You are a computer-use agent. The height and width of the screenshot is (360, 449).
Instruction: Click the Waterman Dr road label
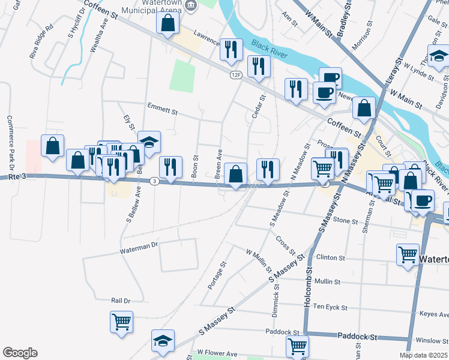pos(138,246)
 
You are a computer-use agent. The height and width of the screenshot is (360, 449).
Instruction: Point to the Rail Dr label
pos(121,300)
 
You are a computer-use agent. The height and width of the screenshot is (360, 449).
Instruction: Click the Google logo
pos(20,353)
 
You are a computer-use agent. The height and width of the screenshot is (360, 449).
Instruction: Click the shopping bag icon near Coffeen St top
pos(168,23)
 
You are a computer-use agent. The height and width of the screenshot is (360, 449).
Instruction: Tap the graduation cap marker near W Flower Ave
pos(163,341)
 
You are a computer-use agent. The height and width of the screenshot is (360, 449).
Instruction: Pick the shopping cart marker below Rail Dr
pos(121,322)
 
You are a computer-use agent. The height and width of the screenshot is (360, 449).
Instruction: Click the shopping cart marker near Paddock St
pos(297,346)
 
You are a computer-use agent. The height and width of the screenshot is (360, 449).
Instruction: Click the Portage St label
pos(217,275)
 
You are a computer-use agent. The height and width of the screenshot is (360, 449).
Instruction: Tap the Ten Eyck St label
pos(331,307)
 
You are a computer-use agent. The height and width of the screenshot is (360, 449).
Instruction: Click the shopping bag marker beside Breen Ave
pos(237,175)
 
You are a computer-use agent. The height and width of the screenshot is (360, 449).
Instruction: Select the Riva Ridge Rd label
pos(42,41)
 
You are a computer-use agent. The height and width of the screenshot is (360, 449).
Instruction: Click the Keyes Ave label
pos(434,313)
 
